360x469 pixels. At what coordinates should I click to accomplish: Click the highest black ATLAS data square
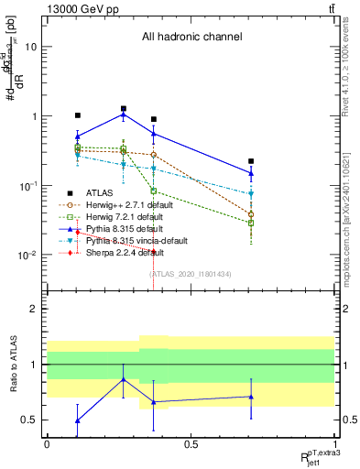tap(123, 109)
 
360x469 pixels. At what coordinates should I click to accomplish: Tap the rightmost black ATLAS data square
tap(251, 161)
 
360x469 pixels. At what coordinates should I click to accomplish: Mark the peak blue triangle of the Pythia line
tap(123, 115)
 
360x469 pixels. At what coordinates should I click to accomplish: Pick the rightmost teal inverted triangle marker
tap(251, 194)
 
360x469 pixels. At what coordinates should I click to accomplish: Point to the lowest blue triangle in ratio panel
tap(78, 420)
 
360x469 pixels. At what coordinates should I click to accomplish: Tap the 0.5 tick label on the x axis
tap(191, 444)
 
